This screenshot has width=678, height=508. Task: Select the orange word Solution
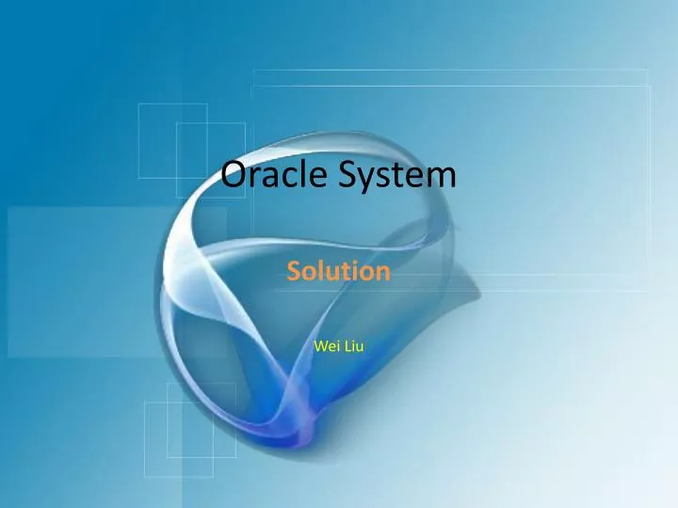click(x=338, y=272)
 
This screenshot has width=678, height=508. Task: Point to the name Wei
click(x=325, y=346)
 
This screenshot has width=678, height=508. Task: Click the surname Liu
click(x=353, y=346)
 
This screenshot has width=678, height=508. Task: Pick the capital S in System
click(x=341, y=175)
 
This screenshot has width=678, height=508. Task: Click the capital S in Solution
click(x=294, y=272)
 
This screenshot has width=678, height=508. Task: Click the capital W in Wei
click(x=319, y=346)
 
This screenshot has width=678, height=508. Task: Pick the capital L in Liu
click(x=346, y=346)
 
